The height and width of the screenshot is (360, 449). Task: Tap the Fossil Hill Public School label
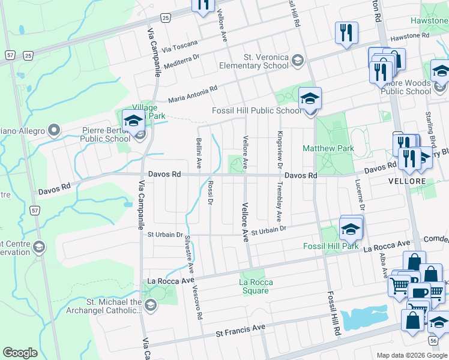(x=257, y=110)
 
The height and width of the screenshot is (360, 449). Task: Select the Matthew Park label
(x=328, y=148)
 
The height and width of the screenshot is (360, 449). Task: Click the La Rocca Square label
(x=256, y=286)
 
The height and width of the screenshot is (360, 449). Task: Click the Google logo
(x=20, y=353)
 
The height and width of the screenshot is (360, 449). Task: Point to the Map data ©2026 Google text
(x=411, y=355)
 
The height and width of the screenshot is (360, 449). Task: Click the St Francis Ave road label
(x=240, y=329)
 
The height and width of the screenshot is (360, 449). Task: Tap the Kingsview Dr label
(x=279, y=150)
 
